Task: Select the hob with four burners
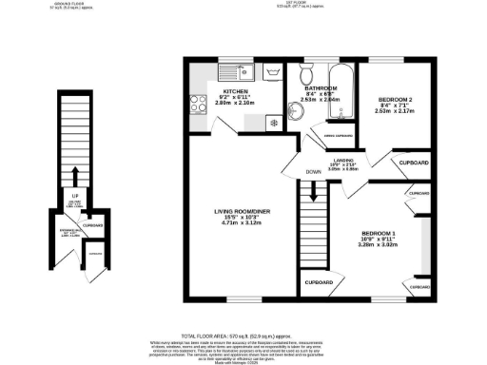[201, 106]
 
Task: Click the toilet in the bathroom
[306, 76]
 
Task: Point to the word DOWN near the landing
[313, 172]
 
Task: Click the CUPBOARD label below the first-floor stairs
[318, 282]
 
